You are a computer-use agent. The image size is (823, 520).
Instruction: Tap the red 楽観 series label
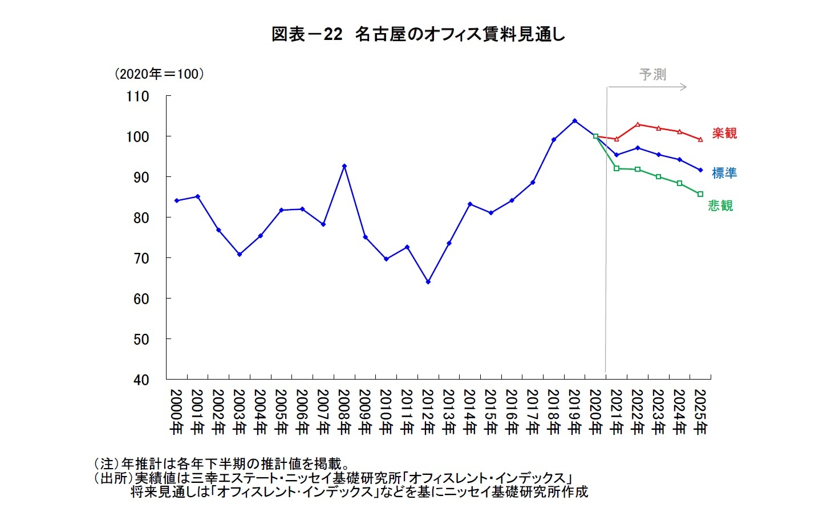[x=724, y=133]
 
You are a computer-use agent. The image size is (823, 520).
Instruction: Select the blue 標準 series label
[x=724, y=173]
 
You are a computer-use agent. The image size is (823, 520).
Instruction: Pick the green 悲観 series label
[x=720, y=205]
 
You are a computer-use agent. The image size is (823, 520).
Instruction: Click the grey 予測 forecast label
[x=652, y=74]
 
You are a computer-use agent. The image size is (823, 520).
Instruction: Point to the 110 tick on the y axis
[x=137, y=96]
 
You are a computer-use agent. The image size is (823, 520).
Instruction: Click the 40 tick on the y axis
[x=141, y=380]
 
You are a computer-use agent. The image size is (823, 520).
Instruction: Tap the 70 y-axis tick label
[x=141, y=258]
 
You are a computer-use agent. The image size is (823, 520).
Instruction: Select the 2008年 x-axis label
[x=344, y=412]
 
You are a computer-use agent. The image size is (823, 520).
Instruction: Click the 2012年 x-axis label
[x=428, y=412]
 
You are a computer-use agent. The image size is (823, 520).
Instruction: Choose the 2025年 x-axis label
[x=700, y=412]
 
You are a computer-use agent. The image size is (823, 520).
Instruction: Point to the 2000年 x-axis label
[x=176, y=412]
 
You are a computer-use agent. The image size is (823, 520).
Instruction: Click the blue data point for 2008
[x=344, y=166]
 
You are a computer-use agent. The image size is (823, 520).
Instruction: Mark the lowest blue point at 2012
[x=428, y=281]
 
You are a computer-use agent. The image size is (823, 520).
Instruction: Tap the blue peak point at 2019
[x=574, y=121]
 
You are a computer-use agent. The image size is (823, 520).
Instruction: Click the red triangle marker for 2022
[x=638, y=124]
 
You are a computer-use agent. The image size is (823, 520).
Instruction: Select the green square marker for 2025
[x=700, y=194]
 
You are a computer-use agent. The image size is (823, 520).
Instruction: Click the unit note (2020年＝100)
[x=159, y=74]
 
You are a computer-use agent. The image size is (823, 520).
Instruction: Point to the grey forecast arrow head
[x=684, y=87]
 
